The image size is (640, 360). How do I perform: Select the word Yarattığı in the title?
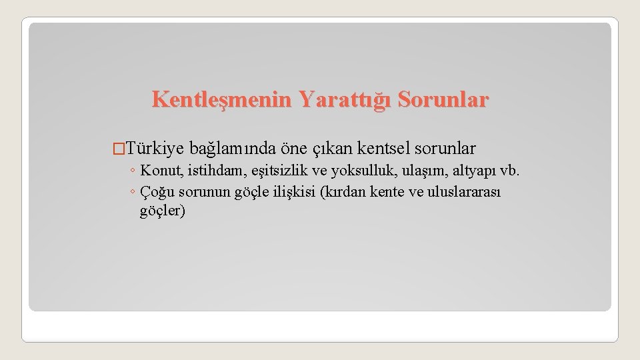343,100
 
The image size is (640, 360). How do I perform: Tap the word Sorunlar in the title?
443,100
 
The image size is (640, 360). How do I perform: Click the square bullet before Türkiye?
119,148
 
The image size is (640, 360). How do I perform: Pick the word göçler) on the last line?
163,212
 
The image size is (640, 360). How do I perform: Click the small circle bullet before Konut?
133,172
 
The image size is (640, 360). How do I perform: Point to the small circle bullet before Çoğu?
133,193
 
